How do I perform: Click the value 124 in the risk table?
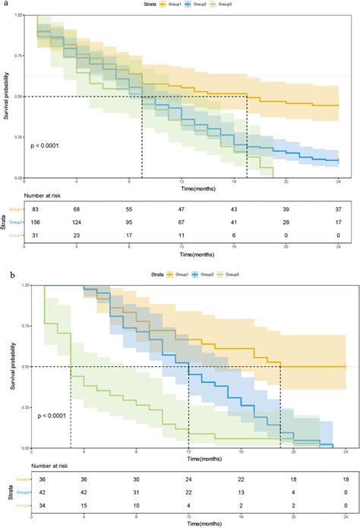[x=76, y=222]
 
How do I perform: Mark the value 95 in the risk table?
[x=128, y=222]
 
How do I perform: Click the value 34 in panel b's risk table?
[x=31, y=506]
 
